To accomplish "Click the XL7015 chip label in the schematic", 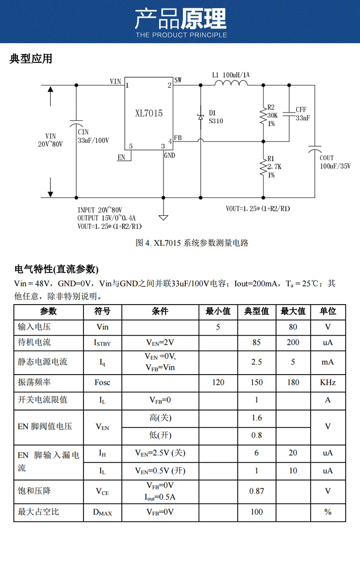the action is [x=149, y=114].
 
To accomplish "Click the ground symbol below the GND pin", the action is [x=164, y=217].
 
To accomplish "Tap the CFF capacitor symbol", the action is [x=289, y=114].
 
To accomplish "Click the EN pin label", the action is [x=121, y=157].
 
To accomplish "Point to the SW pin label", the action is [x=178, y=80].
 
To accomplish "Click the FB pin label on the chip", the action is [x=178, y=138].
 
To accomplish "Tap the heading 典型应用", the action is [x=31, y=59].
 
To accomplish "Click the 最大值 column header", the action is [x=293, y=311].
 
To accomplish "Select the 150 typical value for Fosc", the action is [x=257, y=382].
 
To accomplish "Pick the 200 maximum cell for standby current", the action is [x=293, y=342].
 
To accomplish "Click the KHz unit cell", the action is [x=328, y=382].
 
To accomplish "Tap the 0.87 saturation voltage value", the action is [x=257, y=491].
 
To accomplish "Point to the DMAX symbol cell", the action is [x=102, y=512].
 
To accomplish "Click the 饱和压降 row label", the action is [x=34, y=491].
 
